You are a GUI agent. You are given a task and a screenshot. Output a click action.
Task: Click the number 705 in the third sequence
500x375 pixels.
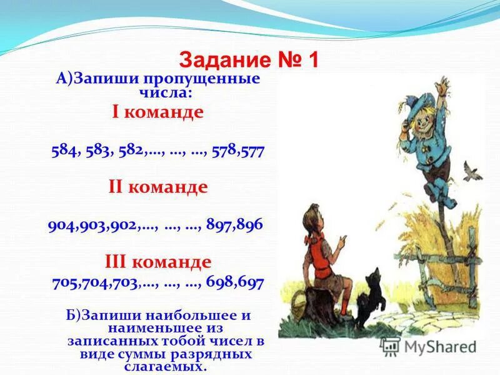pos(66,282)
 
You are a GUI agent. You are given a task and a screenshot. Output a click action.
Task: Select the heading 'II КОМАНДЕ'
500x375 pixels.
pos(157,187)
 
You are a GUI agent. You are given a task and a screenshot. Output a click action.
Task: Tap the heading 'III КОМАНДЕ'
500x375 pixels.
pos(157,261)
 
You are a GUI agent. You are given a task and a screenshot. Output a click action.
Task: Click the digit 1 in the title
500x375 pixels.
pos(312,60)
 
